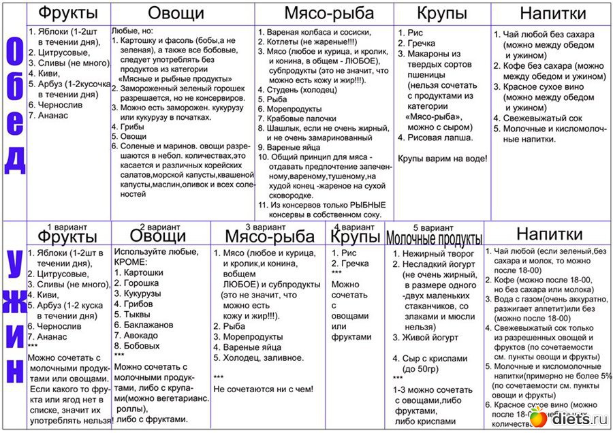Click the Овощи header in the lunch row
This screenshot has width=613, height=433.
(176, 14)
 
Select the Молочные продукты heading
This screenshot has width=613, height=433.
(435, 238)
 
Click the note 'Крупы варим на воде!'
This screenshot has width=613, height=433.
(442, 159)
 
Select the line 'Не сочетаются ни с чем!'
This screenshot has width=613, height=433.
(264, 389)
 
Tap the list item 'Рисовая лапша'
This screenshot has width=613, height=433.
(440, 137)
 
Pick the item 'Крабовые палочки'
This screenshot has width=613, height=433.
(294, 118)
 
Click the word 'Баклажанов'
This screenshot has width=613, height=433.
(149, 325)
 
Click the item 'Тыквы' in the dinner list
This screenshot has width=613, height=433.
(139, 315)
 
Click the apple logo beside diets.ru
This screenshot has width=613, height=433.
(539, 417)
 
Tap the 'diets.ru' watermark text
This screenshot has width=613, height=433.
(579, 418)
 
